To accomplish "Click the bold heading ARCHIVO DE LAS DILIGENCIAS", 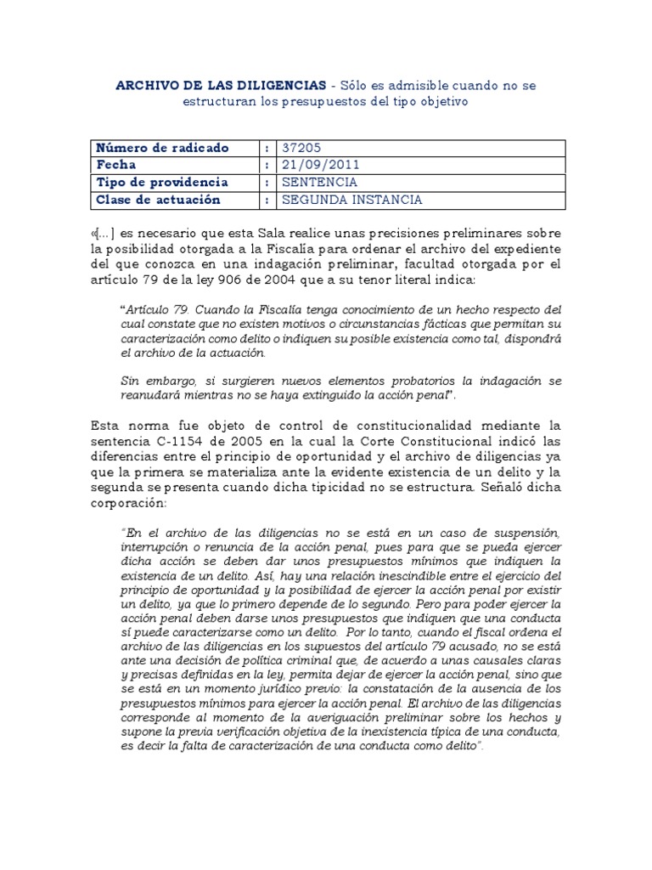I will pos(220,86).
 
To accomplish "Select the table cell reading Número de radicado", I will pos(163,148).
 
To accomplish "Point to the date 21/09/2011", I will pos(315,165).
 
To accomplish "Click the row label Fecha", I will pos(116,165).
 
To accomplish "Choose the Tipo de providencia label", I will pos(162,182).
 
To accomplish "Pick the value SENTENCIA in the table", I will pos(319,182).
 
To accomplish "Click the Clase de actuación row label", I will pos(159,200).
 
